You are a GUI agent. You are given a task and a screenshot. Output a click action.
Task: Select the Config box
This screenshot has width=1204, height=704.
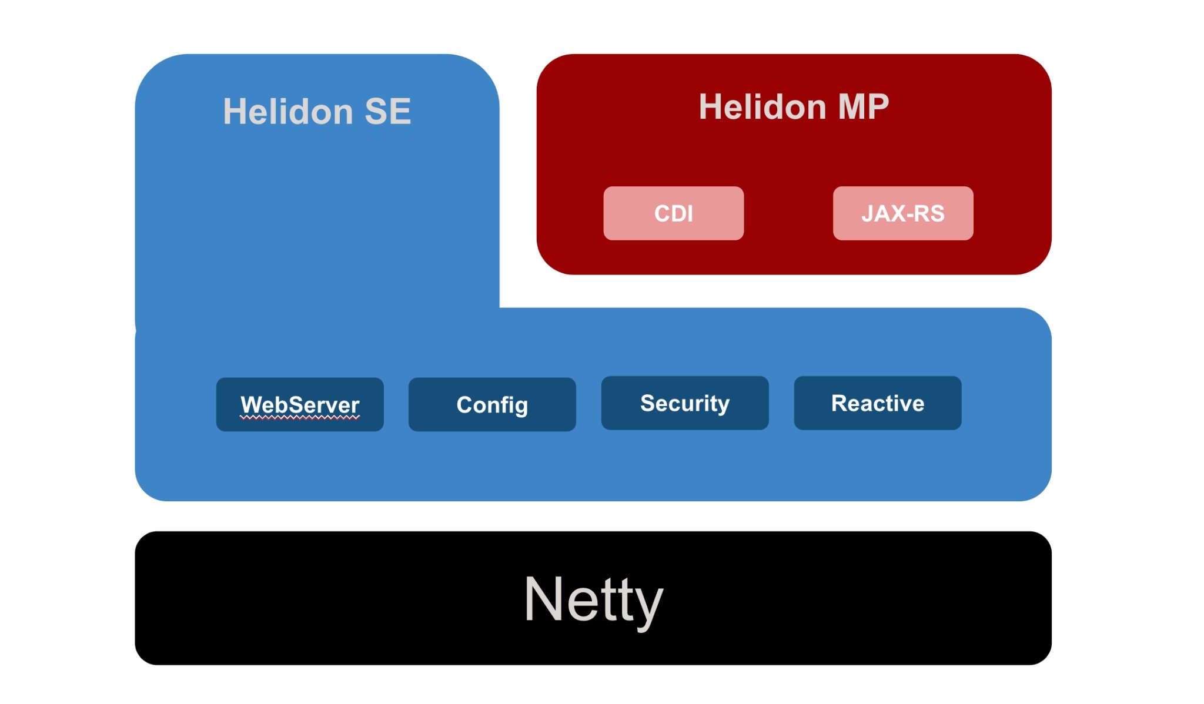point(492,404)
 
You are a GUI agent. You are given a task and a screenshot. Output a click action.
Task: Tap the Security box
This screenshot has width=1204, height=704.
point(684,403)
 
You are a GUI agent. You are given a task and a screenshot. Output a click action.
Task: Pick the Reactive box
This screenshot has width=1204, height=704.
point(877,403)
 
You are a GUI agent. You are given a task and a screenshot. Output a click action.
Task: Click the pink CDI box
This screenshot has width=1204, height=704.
point(673,213)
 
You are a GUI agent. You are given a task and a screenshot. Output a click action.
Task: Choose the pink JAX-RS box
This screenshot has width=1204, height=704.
point(902,213)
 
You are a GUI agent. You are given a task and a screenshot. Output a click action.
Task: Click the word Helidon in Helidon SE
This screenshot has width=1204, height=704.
point(287,112)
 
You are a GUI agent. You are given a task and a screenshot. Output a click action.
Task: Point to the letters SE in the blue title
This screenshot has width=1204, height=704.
point(387,112)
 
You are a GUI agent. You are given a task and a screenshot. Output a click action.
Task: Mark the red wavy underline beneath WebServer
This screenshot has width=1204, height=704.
point(300,418)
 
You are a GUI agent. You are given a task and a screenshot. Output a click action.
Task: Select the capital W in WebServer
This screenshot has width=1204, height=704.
point(251,405)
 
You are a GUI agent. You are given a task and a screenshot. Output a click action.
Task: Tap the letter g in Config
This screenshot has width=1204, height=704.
point(521,407)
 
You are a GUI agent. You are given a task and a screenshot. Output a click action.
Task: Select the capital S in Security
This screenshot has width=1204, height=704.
point(647,403)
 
